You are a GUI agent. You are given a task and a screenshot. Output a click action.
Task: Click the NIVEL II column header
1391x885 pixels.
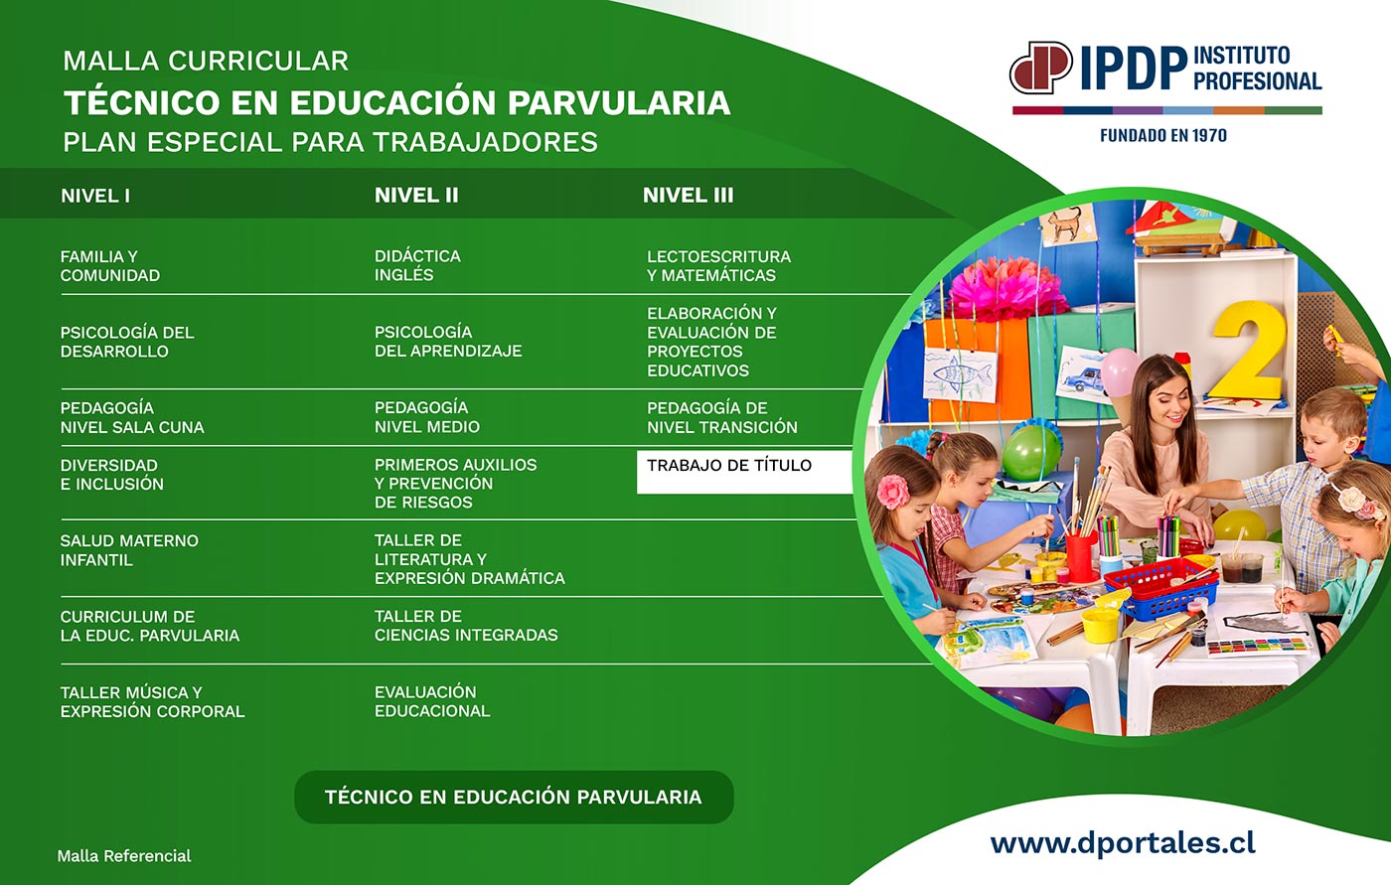pos(416,196)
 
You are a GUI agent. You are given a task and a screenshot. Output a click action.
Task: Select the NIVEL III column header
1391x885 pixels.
pos(688,196)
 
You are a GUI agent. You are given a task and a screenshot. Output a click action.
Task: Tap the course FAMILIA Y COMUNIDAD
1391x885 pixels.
pos(110,265)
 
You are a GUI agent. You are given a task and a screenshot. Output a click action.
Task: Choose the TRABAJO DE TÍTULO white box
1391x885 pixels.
pos(744,472)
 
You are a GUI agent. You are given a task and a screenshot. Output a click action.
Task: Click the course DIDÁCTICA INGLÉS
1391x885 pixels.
pos(417,265)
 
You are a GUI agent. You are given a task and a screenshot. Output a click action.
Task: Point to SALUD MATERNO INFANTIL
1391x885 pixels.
pos(129,550)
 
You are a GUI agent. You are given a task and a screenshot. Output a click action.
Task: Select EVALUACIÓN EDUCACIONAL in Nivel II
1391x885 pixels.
pos(432,701)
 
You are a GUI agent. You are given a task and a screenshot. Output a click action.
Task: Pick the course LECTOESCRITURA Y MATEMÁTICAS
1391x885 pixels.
pos(718,265)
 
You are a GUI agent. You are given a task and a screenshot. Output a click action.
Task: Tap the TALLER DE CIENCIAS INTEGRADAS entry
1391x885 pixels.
pos(466,626)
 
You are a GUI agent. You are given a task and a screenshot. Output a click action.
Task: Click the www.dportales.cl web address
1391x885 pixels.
pos(1123,844)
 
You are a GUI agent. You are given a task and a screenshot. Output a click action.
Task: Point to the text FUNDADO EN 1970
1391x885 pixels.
pos(1163,135)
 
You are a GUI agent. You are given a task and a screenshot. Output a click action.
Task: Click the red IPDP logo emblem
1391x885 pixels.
pos(1041,68)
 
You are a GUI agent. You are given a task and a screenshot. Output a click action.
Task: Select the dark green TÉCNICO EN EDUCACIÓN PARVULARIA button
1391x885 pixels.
pos(514,797)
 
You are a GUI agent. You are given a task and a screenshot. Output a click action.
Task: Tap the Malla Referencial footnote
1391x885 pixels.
pos(124,856)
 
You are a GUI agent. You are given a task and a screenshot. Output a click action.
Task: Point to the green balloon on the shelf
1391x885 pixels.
pos(1031,452)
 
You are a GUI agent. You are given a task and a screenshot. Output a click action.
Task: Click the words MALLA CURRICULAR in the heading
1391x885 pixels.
pos(206,61)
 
